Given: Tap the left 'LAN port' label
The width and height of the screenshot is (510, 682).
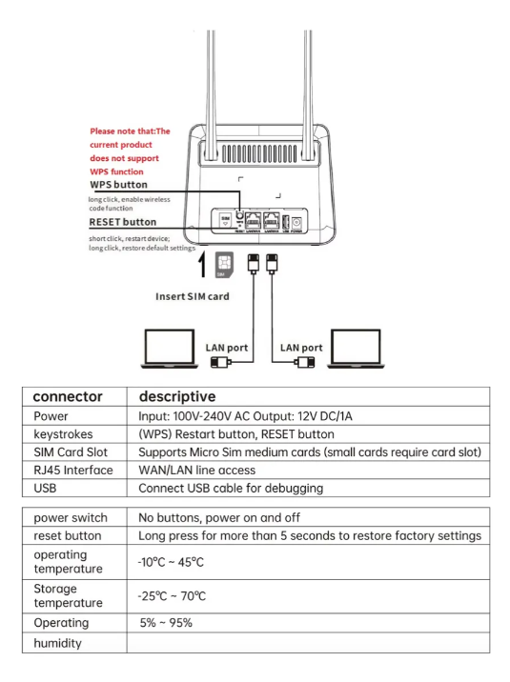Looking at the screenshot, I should pyautogui.click(x=227, y=347).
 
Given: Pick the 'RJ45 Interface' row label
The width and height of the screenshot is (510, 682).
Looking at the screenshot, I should pyautogui.click(x=73, y=471).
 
